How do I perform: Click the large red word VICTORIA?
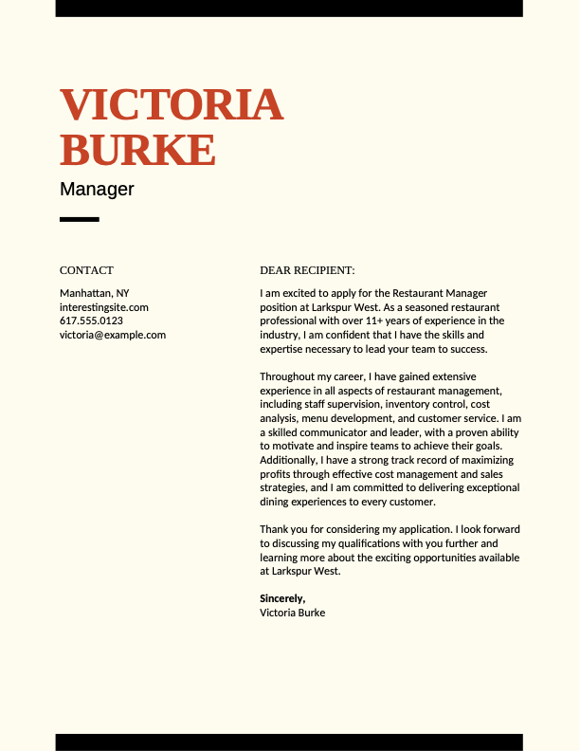[x=172, y=104]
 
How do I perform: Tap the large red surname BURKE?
[x=137, y=151]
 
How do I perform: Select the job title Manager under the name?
[x=97, y=189]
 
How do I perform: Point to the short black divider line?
[x=80, y=220]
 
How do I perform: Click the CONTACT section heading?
[x=86, y=270]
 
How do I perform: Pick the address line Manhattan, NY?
[x=95, y=293]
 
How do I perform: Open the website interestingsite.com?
[x=104, y=307]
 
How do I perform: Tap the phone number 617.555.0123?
[x=91, y=321]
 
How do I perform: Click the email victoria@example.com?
[x=113, y=335]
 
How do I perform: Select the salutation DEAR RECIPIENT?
[x=307, y=270]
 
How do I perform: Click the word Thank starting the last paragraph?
[x=275, y=529]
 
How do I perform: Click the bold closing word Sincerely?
[x=282, y=598]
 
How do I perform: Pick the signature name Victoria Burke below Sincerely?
[x=292, y=613]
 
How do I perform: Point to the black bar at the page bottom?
[x=289, y=742]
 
